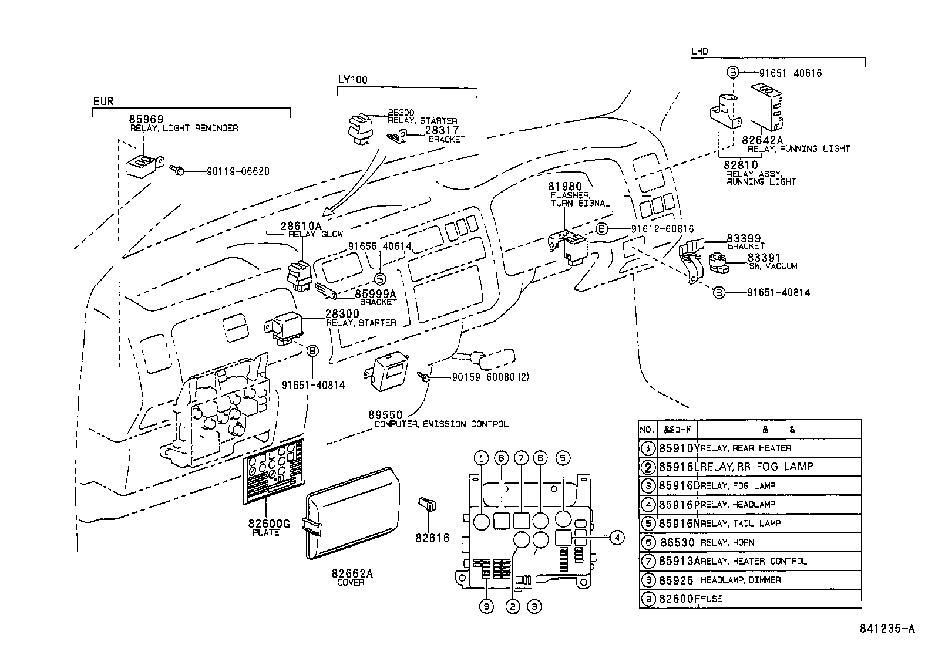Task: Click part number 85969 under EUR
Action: click(146, 119)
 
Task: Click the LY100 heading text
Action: click(353, 80)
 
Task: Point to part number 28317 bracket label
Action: click(442, 130)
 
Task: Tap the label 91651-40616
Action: click(790, 73)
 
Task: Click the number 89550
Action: click(385, 416)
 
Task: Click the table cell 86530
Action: click(676, 542)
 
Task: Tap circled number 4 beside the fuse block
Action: click(616, 536)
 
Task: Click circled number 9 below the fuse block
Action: click(486, 607)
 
